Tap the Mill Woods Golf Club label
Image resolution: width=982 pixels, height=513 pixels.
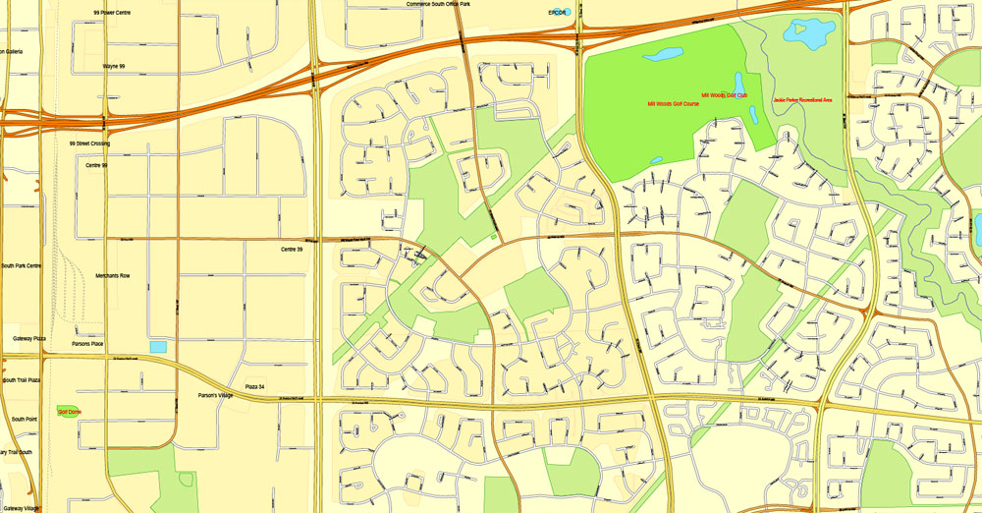point(724,95)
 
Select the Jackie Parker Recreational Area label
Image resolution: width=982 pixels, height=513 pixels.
point(802,100)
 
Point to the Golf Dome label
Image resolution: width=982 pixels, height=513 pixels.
point(68,411)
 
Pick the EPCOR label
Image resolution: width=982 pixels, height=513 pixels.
point(560,12)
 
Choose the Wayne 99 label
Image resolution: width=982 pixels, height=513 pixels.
point(113,66)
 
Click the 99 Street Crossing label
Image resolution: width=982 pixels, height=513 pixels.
point(89,143)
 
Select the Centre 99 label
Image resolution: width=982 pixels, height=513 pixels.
point(96,165)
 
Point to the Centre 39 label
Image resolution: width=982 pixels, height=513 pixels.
point(292,250)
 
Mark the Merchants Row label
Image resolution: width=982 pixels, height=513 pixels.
point(112,276)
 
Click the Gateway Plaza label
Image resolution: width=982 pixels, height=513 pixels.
point(29,338)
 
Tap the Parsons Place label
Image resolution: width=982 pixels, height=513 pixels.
point(87,344)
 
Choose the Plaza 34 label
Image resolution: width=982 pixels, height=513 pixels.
point(254,386)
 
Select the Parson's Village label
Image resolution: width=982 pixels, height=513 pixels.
point(213,396)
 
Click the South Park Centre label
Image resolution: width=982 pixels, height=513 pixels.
point(21,266)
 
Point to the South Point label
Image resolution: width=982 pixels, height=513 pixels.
point(24,419)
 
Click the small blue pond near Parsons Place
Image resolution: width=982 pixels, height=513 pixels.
point(157,347)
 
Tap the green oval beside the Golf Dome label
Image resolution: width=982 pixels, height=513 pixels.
point(61,411)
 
